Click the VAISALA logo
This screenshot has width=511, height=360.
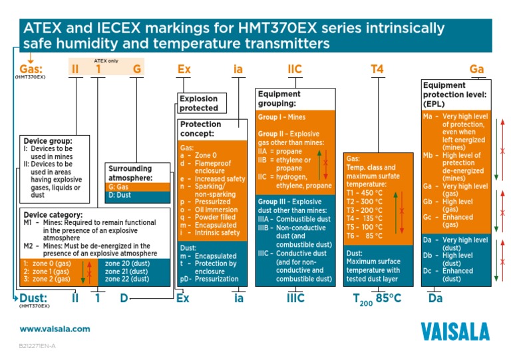(x=454, y=330)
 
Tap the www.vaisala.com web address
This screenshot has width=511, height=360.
(x=55, y=329)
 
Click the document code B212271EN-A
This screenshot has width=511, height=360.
(x=37, y=347)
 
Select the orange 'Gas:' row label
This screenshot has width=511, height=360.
(x=31, y=69)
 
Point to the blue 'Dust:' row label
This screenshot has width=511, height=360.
(x=33, y=297)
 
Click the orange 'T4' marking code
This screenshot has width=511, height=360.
(x=377, y=69)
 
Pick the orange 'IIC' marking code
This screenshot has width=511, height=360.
(x=295, y=69)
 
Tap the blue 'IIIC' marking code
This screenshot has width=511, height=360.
(x=295, y=297)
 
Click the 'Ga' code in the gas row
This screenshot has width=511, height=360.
(x=476, y=69)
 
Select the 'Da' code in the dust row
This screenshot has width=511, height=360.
(x=435, y=297)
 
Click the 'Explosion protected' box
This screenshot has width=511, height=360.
(x=199, y=103)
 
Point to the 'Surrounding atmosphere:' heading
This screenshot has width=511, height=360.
(x=130, y=173)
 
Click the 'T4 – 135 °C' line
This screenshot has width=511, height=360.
(x=365, y=218)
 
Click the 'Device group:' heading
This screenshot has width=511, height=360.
(x=47, y=141)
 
